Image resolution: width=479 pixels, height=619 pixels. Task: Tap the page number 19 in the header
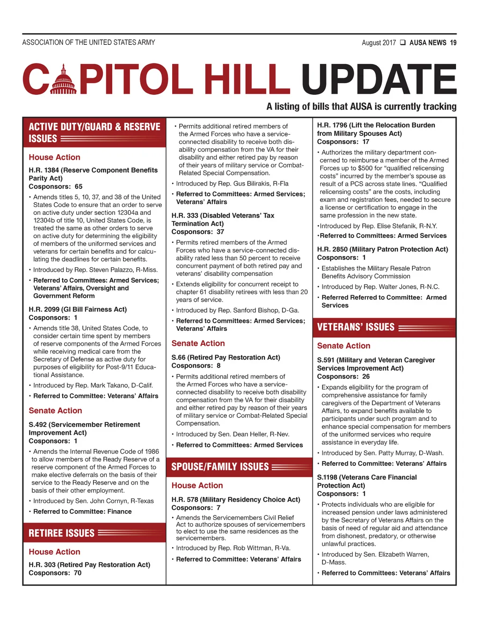[x=453, y=43]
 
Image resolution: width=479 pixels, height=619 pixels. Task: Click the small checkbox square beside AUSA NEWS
[x=402, y=43]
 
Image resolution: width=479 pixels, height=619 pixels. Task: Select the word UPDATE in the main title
[x=379, y=79]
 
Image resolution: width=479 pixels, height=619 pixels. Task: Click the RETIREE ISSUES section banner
[x=61, y=533]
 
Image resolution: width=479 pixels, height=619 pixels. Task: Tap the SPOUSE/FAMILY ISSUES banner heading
[x=220, y=467]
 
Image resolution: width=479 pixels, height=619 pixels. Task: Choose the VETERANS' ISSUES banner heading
[x=356, y=327]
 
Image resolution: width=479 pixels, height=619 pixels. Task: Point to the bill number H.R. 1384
[x=44, y=170]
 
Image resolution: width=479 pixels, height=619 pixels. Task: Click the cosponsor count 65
[x=78, y=186]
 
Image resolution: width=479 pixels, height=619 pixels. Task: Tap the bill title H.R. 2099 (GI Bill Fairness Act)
[x=78, y=309]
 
